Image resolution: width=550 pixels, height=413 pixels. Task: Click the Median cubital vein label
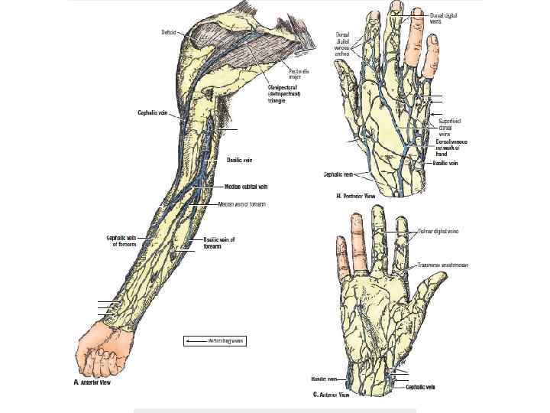pos(246,186)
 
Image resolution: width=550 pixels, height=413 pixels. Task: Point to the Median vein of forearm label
pos(241,204)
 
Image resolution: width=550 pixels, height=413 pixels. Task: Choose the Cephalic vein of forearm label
pos(121,241)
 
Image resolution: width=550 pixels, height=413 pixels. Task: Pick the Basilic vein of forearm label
pos(219,242)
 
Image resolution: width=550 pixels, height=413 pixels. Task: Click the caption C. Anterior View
pos(331,395)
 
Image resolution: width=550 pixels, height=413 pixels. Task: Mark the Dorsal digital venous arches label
pos(343,45)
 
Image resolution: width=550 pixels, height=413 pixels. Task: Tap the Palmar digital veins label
pos(438,230)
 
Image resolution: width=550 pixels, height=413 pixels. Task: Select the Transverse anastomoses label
pos(443,265)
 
